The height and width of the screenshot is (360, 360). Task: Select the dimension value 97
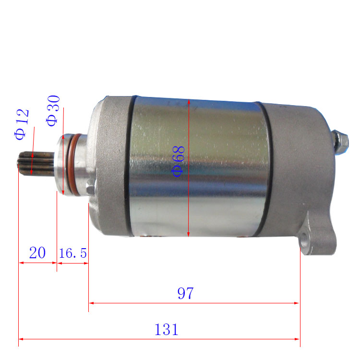[185, 293]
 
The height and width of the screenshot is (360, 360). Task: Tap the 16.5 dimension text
[73, 253]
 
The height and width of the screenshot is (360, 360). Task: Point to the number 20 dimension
[37, 252]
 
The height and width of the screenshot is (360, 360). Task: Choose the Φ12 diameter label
[22, 124]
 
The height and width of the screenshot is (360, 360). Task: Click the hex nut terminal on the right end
[342, 139]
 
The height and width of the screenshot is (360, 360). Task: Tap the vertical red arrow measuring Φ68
[190, 202]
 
